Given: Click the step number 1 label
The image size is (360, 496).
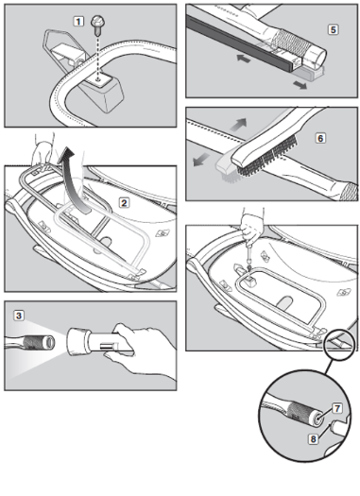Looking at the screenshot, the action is pyautogui.click(x=78, y=22).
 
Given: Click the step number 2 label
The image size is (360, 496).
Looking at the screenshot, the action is pyautogui.click(x=124, y=203).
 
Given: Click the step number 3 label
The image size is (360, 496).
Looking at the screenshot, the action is pyautogui.click(x=19, y=316).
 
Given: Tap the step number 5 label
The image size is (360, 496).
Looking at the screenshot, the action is pyautogui.click(x=333, y=29).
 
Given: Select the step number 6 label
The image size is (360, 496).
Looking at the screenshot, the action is pyautogui.click(x=320, y=138).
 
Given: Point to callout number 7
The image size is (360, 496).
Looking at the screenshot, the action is pyautogui.click(x=337, y=408).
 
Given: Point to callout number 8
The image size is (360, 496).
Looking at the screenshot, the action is pyautogui.click(x=313, y=438).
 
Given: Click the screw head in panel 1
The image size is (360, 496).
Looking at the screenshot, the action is pyautogui.click(x=97, y=22).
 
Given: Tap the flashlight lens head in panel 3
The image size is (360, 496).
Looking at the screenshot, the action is pyautogui.click(x=77, y=343).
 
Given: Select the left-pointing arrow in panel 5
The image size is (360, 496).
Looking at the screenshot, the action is pyautogui.click(x=244, y=59).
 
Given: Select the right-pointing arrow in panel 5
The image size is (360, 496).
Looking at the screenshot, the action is pyautogui.click(x=300, y=85).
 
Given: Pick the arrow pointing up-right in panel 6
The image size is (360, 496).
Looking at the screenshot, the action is pyautogui.click(x=238, y=125).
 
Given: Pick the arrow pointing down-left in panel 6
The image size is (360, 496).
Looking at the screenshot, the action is pyautogui.click(x=201, y=160).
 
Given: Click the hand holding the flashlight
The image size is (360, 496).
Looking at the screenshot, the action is pyautogui.click(x=143, y=350).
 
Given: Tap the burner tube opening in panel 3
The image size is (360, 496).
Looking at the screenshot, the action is pyautogui.click(x=49, y=342).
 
